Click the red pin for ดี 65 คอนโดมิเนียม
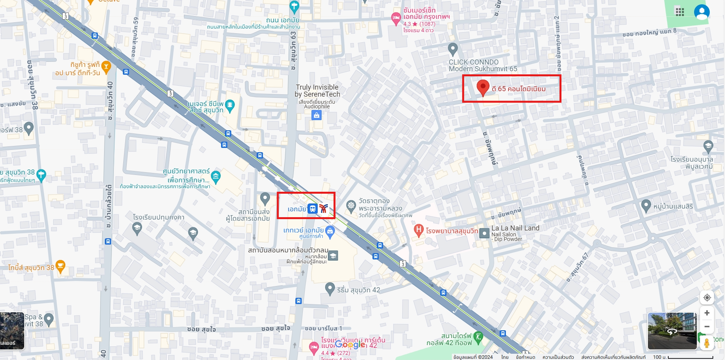pos(483,87)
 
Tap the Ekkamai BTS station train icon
pos(312,209)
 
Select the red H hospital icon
pos(419,230)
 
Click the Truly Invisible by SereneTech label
pos(317,91)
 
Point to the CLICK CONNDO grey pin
pos(453,49)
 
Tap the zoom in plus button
pos(707,313)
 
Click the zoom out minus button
pos(707,326)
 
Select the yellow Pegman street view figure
pos(707,343)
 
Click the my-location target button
pos(707,297)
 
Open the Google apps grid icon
pos(680,12)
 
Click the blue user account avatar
pos(702,12)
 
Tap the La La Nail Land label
pos(515,228)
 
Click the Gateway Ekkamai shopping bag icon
pos(330,231)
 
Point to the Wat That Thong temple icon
pos(351,205)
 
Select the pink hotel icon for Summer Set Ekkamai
pos(396,18)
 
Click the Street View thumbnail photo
pos(672,331)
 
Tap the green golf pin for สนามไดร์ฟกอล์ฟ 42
pos(478,336)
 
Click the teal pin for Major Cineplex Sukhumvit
pos(230,105)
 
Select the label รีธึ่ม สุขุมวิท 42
pos(358,290)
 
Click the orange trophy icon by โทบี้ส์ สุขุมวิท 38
pos(60,266)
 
